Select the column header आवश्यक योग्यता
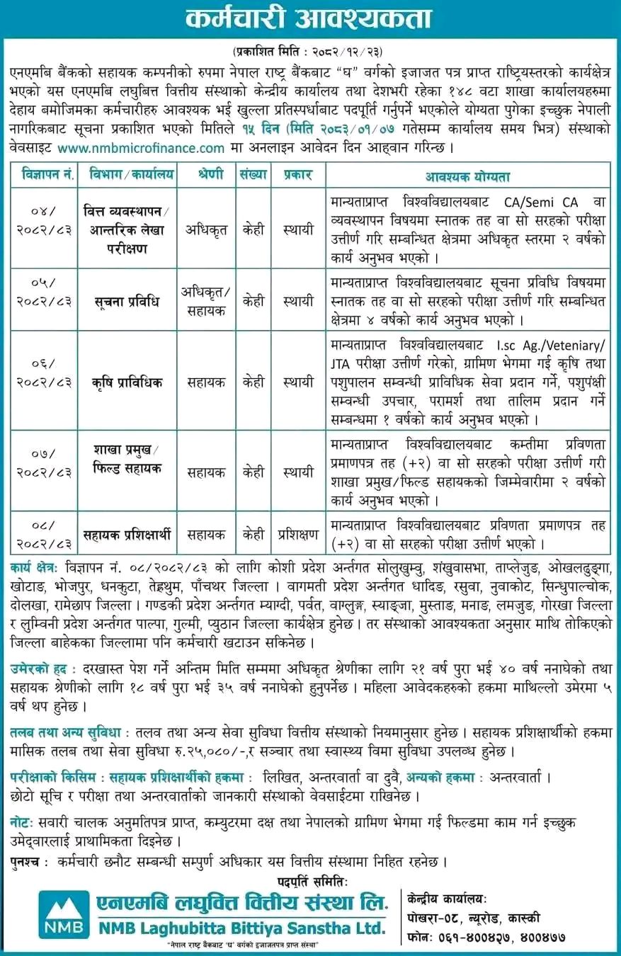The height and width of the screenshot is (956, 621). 467,176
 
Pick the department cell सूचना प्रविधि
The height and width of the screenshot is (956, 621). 132,300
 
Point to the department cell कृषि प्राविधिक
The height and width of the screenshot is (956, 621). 132,382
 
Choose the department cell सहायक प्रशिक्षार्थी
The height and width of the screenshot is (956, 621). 132,535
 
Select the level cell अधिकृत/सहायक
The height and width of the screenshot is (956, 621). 206,300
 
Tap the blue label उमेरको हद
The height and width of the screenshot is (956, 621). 39,668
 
